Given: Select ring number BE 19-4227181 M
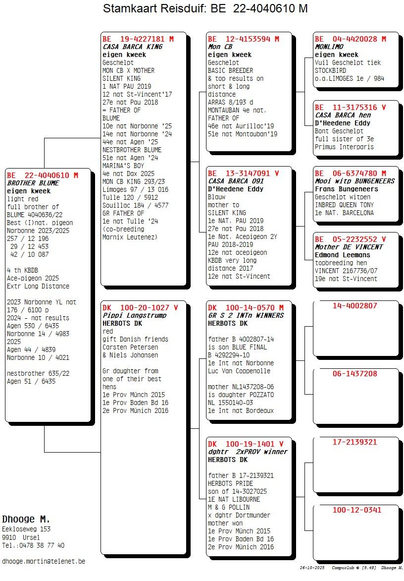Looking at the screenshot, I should click(138, 39).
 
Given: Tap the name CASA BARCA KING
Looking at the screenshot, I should click(132, 47).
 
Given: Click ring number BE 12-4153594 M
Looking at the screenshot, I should click(243, 39).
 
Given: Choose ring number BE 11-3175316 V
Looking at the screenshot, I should click(350, 107).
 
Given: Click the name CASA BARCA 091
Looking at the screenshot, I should click(236, 181).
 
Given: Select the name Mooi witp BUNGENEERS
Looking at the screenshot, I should click(354, 181).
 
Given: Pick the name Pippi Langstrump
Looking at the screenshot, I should click(134, 315).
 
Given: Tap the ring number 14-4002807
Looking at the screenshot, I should click(354, 306).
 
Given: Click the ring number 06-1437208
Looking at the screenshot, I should click(354, 374).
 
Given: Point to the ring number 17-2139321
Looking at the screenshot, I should click(354, 442).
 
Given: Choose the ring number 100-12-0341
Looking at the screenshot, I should click(357, 510).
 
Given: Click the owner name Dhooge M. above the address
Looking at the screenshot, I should click(26, 519).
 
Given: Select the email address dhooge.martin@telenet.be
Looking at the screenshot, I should click(44, 561).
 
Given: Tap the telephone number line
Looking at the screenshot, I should click(33, 545).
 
